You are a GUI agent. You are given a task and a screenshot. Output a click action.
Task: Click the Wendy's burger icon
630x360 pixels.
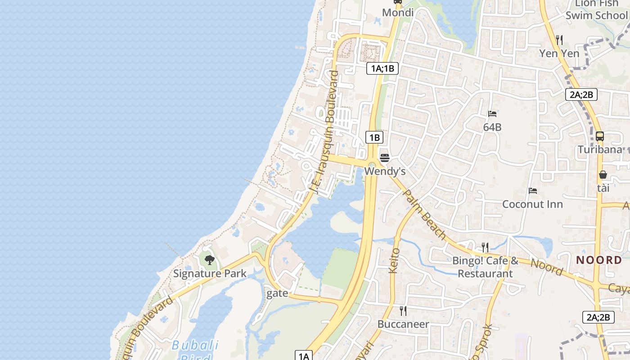coord(384,158)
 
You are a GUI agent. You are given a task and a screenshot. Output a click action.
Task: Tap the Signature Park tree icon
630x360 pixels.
coord(209,260)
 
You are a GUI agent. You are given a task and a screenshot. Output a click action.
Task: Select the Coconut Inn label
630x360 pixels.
coord(532,204)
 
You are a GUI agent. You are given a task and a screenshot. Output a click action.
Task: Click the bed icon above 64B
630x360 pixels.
coord(492,114)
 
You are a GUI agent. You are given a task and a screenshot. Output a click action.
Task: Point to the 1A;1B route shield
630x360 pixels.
coord(382,68)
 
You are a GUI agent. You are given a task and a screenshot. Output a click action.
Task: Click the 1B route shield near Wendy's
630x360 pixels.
coord(374,137)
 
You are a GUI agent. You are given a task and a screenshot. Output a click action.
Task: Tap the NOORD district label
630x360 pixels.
coord(599,260)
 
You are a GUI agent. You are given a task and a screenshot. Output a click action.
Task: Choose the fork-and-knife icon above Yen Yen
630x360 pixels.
coord(559,40)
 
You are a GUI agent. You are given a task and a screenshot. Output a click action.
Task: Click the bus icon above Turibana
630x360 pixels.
coord(599,136)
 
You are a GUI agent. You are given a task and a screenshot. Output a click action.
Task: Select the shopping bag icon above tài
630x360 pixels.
coord(603,175)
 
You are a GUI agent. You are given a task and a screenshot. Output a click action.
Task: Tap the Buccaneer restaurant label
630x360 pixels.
coord(403,324)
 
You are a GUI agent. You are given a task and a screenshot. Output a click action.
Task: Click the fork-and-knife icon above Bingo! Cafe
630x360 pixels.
coord(485,247)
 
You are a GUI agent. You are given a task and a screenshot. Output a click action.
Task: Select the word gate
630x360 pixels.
coord(277,293)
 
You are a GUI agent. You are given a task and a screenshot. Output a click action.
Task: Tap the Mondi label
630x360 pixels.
coord(398,13)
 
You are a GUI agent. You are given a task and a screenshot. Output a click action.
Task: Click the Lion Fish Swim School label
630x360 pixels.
coord(596,10)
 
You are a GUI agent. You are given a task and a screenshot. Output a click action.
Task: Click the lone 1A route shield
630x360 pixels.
coord(304,356)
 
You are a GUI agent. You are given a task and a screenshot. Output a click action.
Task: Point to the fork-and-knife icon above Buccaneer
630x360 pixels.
coord(403,310)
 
